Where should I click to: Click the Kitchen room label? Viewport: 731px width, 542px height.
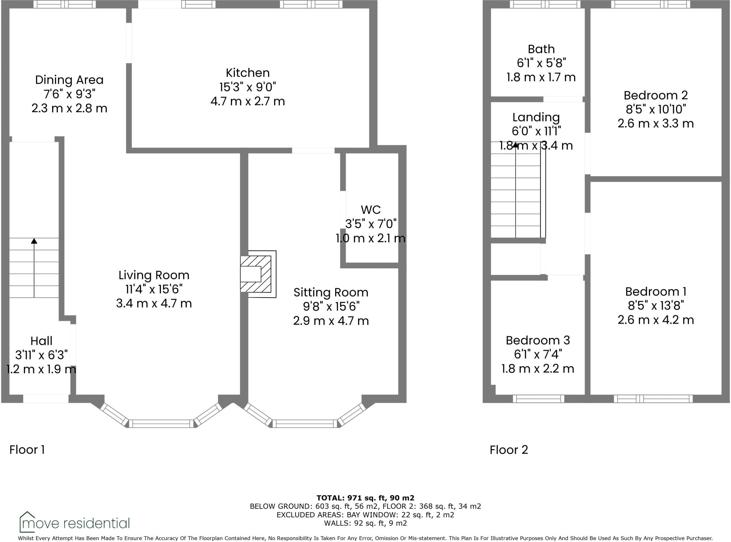click(x=247, y=73)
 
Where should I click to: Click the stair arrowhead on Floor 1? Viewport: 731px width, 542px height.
click(x=34, y=241)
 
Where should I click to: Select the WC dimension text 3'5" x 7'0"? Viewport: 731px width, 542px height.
click(x=371, y=224)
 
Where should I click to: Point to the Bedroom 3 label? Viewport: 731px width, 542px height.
click(x=538, y=340)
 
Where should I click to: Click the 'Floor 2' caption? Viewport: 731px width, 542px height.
click(x=509, y=449)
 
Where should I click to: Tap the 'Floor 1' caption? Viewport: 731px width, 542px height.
click(x=27, y=449)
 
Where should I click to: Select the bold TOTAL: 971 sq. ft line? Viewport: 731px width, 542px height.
click(x=365, y=498)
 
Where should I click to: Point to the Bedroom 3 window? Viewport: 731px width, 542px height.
click(x=538, y=399)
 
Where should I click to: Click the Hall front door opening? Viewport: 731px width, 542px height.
click(x=46, y=399)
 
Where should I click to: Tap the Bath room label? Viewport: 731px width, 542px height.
click(x=541, y=49)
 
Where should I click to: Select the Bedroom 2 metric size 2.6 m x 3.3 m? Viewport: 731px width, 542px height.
click(x=656, y=124)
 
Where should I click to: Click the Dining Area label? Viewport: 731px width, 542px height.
click(x=69, y=80)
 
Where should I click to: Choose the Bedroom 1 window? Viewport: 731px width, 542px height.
click(x=653, y=399)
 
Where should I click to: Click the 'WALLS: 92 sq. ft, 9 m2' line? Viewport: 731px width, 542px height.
click(x=365, y=523)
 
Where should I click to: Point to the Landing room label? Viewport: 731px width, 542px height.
click(x=536, y=117)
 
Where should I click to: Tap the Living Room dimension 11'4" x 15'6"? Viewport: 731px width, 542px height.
click(x=154, y=289)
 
